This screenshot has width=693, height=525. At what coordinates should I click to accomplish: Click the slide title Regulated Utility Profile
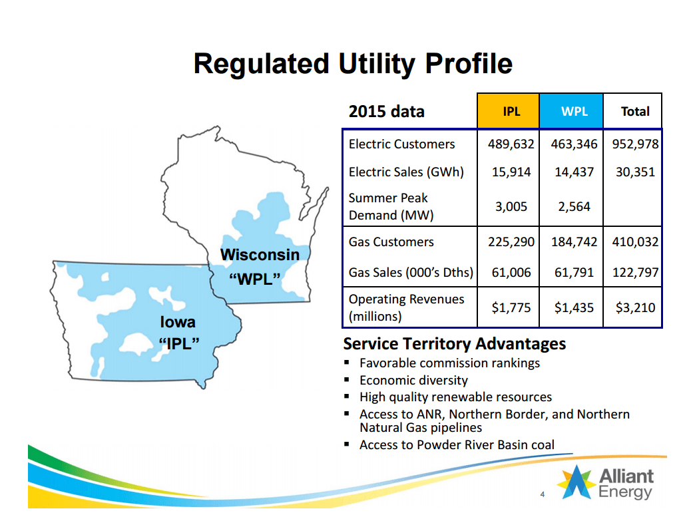pos(353,65)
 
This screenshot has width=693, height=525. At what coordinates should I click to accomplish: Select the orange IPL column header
pos(511,111)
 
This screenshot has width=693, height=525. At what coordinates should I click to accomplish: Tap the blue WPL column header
pos(574,111)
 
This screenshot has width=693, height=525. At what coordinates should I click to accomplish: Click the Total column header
pos(634,111)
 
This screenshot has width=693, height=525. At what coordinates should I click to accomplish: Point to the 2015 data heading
pos(386,111)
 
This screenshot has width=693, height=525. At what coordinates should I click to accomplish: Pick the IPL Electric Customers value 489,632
pos(511,144)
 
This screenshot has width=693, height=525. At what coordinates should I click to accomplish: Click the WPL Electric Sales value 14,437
pos(574,172)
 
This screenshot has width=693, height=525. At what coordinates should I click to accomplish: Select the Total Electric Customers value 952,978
pos(634,144)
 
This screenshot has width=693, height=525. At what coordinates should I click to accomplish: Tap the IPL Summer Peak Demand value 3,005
pos(511,206)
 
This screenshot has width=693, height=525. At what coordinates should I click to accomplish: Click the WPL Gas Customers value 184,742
pos(574,242)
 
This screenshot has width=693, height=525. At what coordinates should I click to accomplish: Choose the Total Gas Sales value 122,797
pos(634,272)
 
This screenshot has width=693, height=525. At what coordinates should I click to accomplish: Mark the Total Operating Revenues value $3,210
pos(634,307)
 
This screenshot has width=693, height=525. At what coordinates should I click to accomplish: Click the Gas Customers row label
pos(391,242)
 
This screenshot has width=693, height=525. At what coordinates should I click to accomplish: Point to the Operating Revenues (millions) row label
pos(406,307)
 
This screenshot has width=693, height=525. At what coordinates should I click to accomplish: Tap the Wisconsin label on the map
pos(260,255)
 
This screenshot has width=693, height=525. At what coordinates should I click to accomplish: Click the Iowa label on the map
pos(178,322)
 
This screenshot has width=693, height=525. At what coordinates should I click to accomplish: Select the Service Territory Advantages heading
pos(454,344)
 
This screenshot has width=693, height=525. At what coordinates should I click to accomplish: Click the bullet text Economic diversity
pos(413,381)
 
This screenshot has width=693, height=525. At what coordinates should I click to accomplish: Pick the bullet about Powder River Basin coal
pos(457,445)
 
